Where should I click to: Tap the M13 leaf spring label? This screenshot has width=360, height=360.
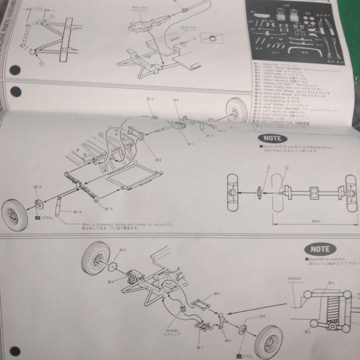108,209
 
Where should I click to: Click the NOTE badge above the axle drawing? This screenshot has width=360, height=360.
272,138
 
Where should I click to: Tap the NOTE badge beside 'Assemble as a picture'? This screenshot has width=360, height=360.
320,249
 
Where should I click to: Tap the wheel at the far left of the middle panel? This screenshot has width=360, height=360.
15,215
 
